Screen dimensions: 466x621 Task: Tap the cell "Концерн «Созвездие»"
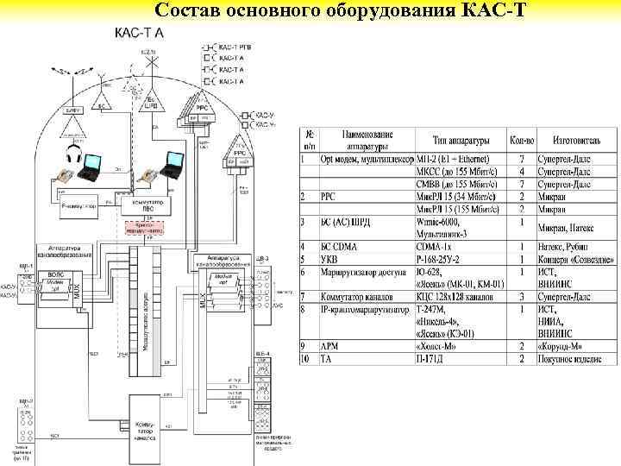point(576,258)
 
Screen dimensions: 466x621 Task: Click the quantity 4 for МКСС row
point(522,172)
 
